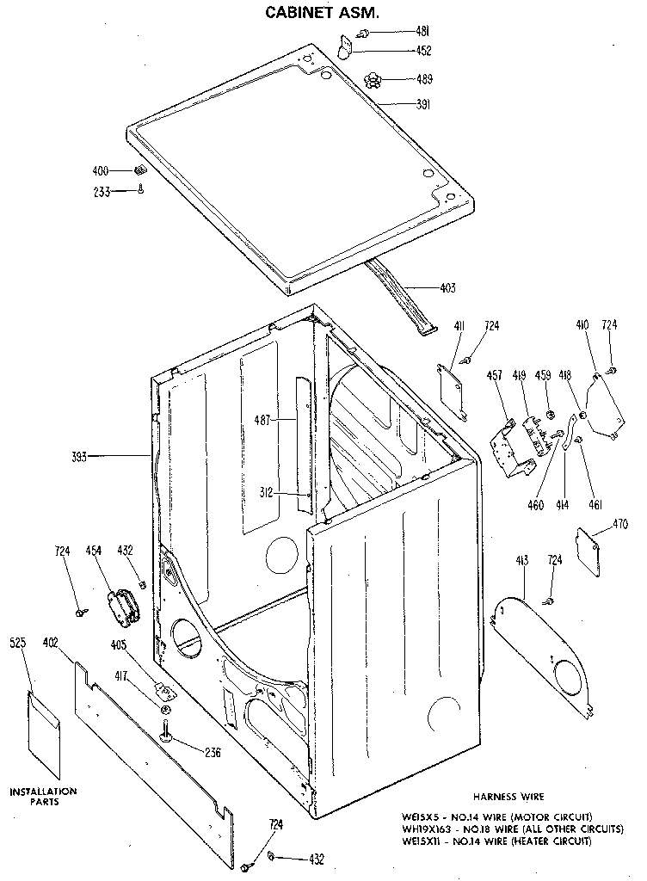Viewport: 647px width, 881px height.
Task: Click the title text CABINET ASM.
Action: [322, 13]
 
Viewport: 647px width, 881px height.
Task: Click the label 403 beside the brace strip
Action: [447, 288]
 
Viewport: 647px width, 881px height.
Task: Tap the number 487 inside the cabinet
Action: [262, 420]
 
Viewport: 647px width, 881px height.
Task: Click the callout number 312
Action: [266, 492]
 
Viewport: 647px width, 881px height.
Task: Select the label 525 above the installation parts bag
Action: [19, 643]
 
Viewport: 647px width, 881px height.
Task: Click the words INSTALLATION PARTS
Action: [43, 796]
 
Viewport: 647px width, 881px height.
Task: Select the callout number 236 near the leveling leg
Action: [213, 753]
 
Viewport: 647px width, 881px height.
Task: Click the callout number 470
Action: [620, 522]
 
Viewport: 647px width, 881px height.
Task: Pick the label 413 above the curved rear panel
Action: [522, 560]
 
